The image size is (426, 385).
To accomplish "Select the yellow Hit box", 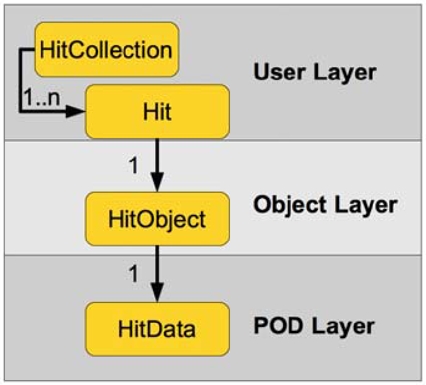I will coord(157,111).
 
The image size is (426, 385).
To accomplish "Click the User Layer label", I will coord(314,72).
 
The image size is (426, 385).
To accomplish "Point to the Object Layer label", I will coord(325,205).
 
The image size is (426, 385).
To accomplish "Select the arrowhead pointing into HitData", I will coord(157,292).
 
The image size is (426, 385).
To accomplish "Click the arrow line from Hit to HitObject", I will coord(157,157).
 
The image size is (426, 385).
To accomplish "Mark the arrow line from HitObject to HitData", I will coord(157,265).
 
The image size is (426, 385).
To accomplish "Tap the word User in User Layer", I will coord(277,72).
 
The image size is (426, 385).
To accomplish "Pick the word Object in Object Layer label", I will coord(287,205).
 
